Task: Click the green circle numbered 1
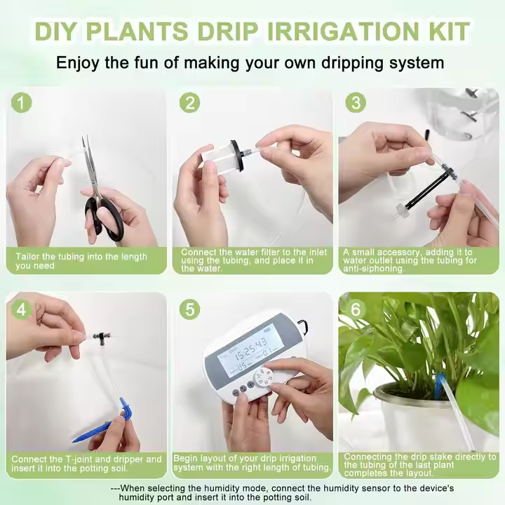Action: click(x=21, y=103)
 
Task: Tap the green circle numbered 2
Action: click(x=189, y=102)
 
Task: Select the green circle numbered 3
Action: click(x=356, y=102)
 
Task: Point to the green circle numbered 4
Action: click(x=21, y=309)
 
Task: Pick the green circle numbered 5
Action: click(x=189, y=309)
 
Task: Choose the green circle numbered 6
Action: click(x=356, y=309)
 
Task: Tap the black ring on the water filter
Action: click(x=236, y=155)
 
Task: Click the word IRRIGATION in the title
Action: click(x=338, y=32)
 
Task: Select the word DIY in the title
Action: click(x=57, y=32)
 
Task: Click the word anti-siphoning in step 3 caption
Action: click(x=373, y=269)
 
